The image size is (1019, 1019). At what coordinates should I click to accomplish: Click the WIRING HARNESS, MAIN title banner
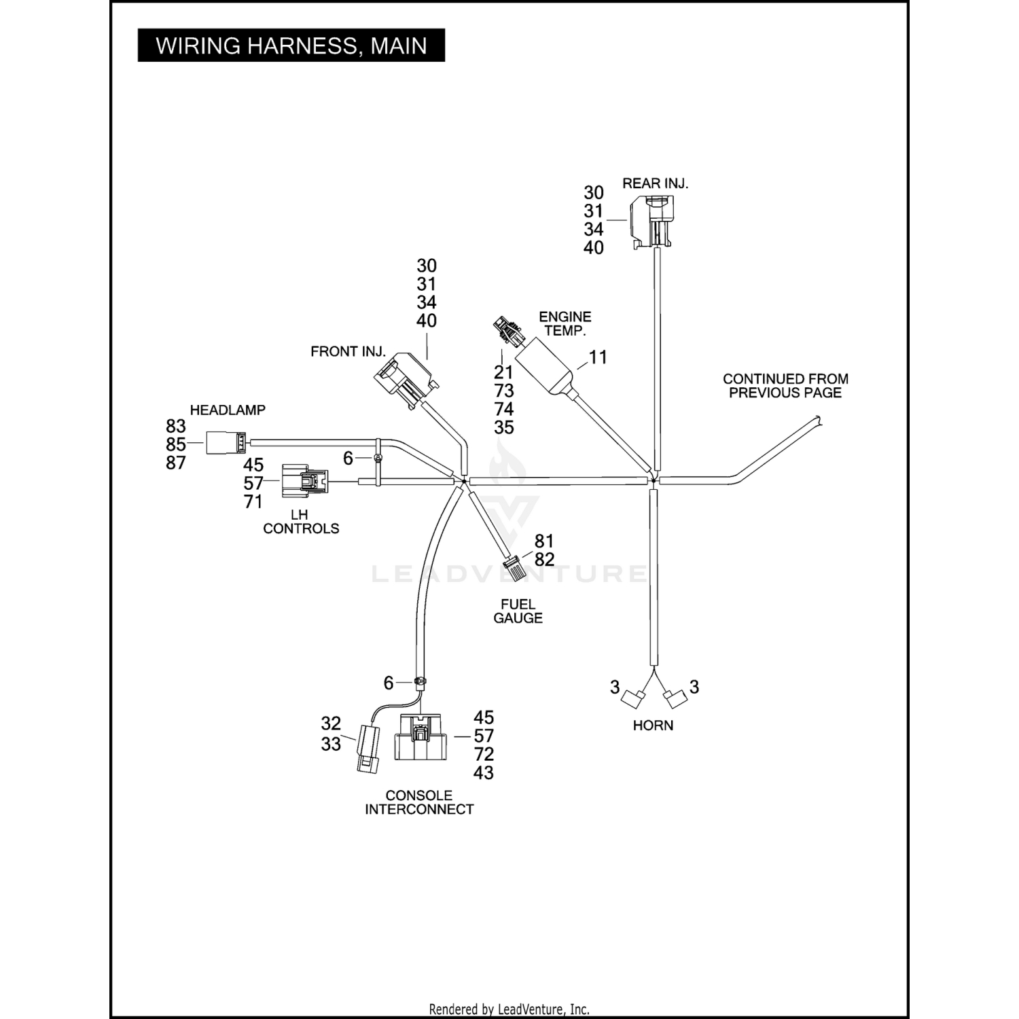click(x=291, y=46)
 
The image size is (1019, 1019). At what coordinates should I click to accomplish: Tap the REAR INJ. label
click(x=655, y=183)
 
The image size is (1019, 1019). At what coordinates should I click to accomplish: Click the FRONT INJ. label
click(x=348, y=351)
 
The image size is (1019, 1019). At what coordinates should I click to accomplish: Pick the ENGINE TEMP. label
click(x=565, y=323)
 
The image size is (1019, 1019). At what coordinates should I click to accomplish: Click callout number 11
click(x=598, y=357)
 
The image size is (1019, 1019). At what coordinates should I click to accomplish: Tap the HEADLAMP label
click(x=228, y=410)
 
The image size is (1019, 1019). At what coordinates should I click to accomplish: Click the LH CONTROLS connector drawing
click(x=304, y=480)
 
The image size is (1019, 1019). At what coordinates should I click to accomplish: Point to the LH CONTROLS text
click(x=301, y=522)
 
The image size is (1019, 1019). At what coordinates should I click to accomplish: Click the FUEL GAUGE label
click(x=518, y=611)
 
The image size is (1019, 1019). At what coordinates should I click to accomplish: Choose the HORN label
click(x=653, y=726)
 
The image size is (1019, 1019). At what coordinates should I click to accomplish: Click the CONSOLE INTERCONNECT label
click(x=419, y=802)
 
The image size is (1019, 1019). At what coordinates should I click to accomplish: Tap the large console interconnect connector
click(x=421, y=737)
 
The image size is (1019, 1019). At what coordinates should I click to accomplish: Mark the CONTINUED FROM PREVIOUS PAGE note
click(x=785, y=386)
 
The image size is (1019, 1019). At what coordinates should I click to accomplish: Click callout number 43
click(x=484, y=773)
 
